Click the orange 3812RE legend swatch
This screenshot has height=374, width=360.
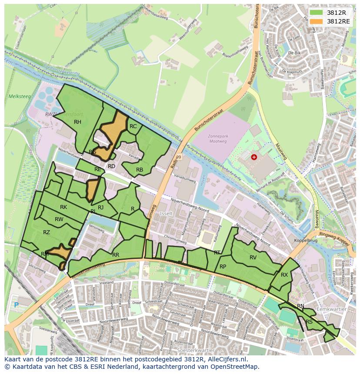click(x=316, y=21)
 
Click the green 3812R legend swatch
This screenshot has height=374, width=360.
click(x=316, y=13)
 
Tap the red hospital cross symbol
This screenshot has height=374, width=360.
click(x=254, y=157)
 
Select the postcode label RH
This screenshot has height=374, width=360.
click(x=77, y=122)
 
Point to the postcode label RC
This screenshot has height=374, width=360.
click(x=133, y=126)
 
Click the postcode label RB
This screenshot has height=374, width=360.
click(x=140, y=170)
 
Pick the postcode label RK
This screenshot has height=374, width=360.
click(x=63, y=207)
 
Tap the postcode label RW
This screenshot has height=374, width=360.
click(x=59, y=219)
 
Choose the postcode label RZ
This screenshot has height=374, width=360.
click(x=47, y=232)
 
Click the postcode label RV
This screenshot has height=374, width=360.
click(x=253, y=258)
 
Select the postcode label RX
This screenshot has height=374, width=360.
click(x=284, y=275)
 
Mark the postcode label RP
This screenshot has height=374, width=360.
click(x=223, y=267)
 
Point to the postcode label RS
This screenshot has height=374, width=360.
click(x=309, y=322)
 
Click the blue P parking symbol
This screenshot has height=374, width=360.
click(x=17, y=305)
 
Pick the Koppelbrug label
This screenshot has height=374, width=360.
click(x=304, y=240)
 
